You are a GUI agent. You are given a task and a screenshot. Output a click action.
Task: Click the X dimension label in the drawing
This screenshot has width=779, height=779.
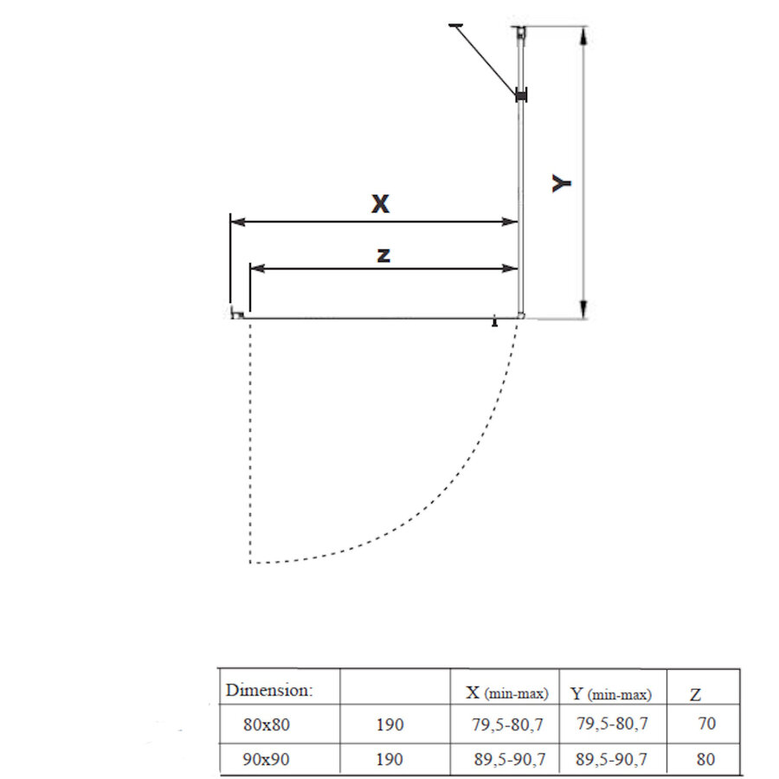(380, 204)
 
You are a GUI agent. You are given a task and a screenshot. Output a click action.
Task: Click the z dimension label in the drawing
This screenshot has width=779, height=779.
(383, 254)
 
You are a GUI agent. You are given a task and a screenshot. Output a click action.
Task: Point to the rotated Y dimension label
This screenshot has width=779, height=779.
(563, 183)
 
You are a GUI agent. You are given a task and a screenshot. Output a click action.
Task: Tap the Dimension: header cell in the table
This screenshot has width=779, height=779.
(269, 691)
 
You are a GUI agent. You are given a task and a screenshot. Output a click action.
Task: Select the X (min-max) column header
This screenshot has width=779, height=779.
(506, 693)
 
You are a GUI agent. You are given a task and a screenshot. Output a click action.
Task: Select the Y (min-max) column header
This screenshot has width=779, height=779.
(611, 693)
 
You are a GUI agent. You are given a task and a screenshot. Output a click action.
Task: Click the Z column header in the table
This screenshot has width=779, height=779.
(695, 694)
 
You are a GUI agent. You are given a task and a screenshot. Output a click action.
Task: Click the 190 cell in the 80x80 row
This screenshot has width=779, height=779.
(389, 724)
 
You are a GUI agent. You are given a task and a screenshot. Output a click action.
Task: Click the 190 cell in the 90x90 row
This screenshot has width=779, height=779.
(389, 759)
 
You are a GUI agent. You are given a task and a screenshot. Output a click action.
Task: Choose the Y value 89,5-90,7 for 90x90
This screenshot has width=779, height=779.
(611, 759)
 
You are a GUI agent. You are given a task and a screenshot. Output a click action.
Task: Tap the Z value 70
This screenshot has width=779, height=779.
(706, 724)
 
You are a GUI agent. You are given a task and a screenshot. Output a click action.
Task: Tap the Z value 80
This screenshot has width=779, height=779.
(706, 759)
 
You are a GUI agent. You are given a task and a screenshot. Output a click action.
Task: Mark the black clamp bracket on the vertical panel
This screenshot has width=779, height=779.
(521, 96)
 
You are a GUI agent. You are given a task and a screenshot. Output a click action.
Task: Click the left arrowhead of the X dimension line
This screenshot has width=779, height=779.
(237, 222)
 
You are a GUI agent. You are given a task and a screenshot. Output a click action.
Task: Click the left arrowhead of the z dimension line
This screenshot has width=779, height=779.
(255, 269)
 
